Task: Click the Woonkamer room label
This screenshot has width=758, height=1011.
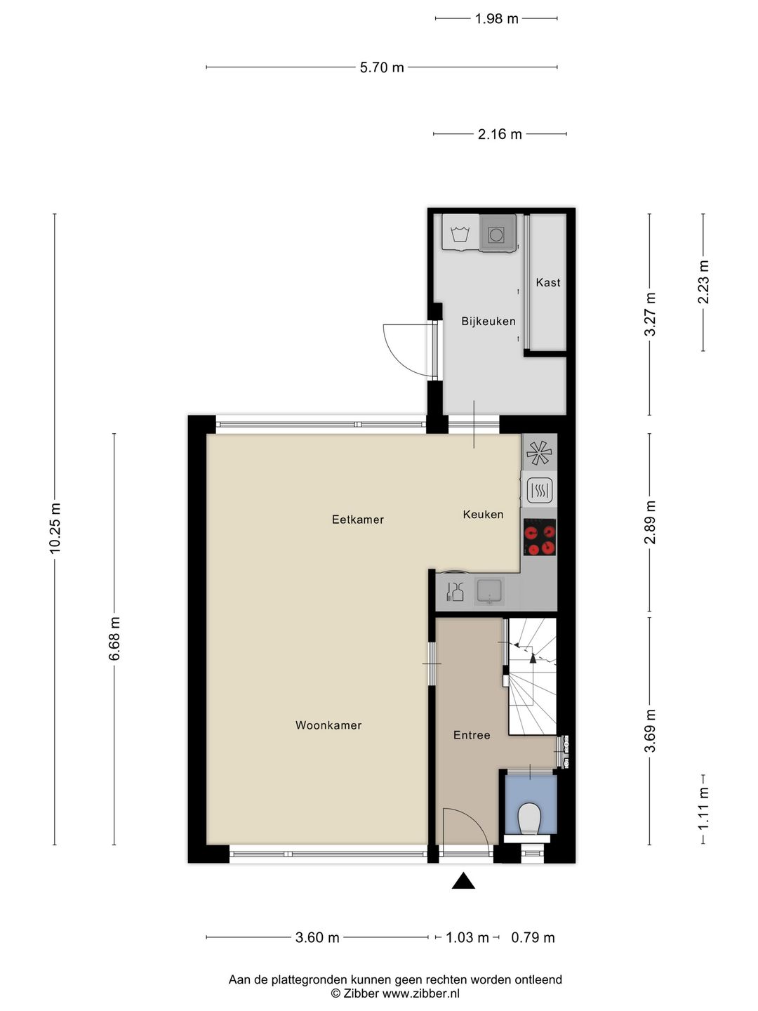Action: (328, 725)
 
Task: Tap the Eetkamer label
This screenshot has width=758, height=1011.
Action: (358, 520)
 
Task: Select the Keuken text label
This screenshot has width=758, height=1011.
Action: (483, 515)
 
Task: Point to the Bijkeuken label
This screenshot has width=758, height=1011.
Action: (488, 321)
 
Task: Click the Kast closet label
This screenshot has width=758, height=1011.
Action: (548, 282)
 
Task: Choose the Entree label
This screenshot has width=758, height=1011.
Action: (472, 735)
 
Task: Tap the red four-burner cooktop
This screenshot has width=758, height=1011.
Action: (540, 538)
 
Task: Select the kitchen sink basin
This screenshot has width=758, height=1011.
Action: (489, 590)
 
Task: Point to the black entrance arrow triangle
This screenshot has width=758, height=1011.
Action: (463, 881)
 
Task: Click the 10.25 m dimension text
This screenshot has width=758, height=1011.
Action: (55, 528)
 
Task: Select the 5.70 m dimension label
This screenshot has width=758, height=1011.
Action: (382, 67)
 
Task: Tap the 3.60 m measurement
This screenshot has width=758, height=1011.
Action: (317, 937)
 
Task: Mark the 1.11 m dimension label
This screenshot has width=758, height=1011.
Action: (704, 807)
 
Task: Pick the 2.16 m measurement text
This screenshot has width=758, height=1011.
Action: (500, 134)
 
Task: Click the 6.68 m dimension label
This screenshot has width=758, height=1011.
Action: (115, 638)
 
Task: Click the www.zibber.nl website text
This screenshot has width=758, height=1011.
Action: (421, 993)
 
